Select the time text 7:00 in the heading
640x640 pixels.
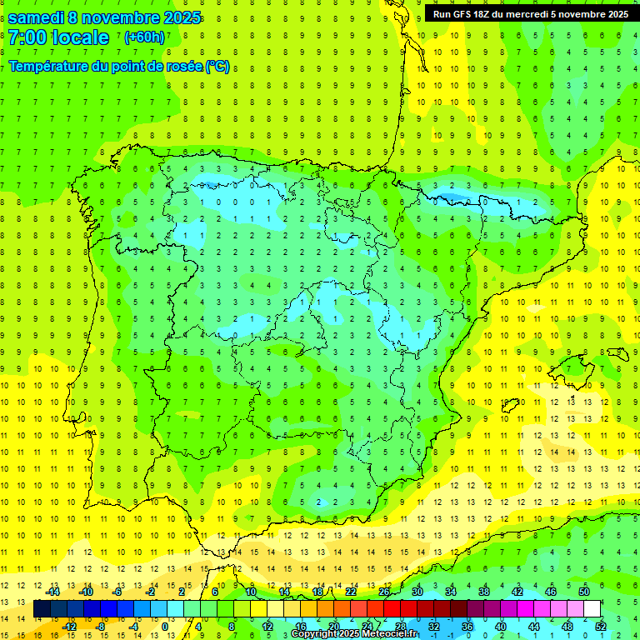[x=27, y=37]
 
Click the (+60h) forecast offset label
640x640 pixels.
[x=144, y=37]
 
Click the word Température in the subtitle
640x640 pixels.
[x=48, y=67]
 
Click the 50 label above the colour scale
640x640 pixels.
[x=584, y=592]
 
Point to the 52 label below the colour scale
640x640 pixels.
[x=601, y=627]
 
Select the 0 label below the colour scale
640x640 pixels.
[x=165, y=627]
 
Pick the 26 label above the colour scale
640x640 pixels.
[x=384, y=592]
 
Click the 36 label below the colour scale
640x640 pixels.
[x=467, y=627]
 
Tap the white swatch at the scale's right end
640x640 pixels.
[x=592, y=609]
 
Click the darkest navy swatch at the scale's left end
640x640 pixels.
[x=42, y=609]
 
